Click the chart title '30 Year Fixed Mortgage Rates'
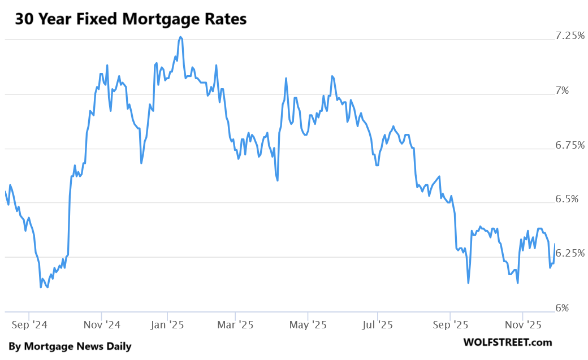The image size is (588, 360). [131, 19]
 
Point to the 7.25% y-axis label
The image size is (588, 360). [570, 36]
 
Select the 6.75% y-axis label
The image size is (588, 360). [570, 145]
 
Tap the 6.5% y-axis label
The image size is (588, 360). [573, 199]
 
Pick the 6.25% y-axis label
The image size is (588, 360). [570, 253]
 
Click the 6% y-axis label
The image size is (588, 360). [577, 308]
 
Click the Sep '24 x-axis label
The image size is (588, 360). [29, 325]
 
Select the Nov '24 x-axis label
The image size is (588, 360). [102, 325]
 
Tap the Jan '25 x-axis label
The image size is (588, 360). [168, 325]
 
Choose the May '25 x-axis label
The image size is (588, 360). [308, 325]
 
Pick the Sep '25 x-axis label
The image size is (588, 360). [450, 325]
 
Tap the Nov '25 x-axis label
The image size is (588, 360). [523, 325]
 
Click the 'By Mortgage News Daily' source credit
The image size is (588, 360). [70, 346]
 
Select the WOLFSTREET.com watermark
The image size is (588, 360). [507, 342]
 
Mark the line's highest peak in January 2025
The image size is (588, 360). [180, 37]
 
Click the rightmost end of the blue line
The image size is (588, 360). [555, 244]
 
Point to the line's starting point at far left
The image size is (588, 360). [5, 192]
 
